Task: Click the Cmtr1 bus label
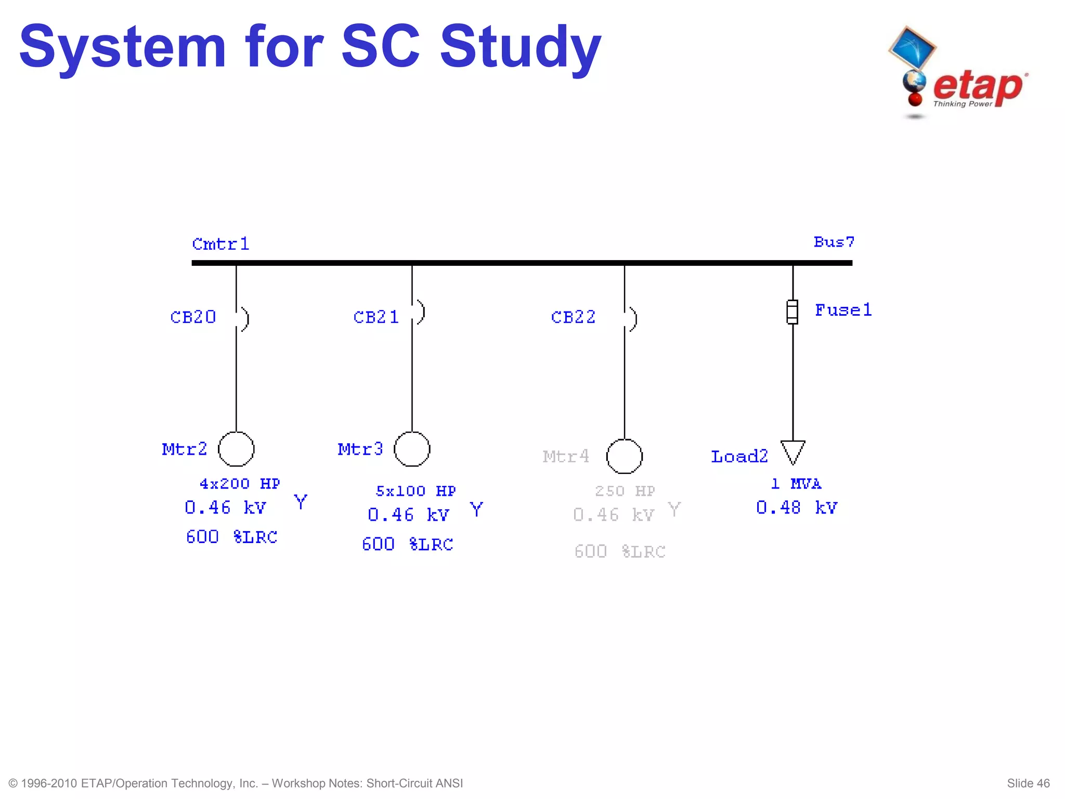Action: (220, 243)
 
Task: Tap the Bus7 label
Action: (834, 242)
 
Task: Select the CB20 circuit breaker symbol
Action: (243, 318)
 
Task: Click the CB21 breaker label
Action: (376, 317)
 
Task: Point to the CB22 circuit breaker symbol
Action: (631, 318)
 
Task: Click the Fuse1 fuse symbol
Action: (792, 312)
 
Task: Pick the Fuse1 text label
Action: (843, 310)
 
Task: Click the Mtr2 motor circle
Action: (236, 449)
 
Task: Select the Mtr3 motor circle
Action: (412, 449)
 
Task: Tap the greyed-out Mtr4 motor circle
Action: (624, 456)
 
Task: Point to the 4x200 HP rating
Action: (240, 484)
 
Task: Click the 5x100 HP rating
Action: (415, 491)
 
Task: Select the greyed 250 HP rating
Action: (625, 491)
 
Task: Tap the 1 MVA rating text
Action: (796, 484)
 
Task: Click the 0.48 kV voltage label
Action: (797, 507)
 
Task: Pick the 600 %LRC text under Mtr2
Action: (231, 536)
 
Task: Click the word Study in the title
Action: (521, 48)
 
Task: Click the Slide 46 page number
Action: (1028, 783)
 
